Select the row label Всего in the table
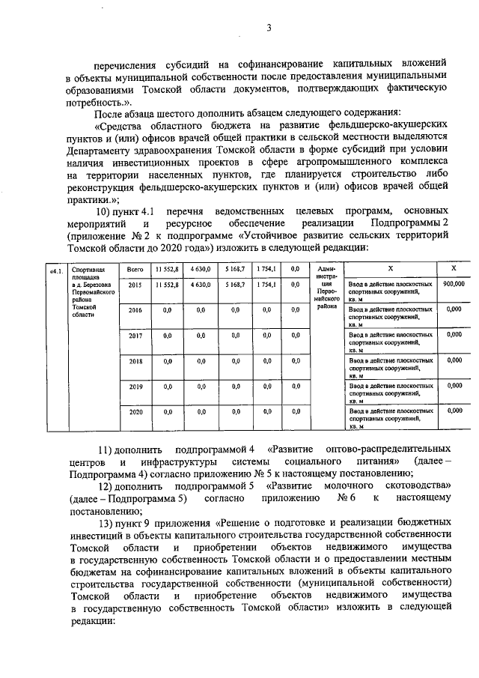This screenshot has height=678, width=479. [x=135, y=268]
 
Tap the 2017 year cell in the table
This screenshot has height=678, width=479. [x=135, y=336]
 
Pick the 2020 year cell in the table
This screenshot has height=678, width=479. [x=135, y=412]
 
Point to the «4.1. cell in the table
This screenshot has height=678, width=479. [x=55, y=269]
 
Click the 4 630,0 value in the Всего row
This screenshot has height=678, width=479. [x=200, y=268]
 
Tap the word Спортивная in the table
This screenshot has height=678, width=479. [x=85, y=268]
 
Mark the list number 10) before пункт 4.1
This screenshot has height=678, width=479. [x=108, y=211]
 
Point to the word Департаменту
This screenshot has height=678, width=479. [x=103, y=148]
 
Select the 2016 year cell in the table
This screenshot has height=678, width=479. [x=135, y=310]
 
